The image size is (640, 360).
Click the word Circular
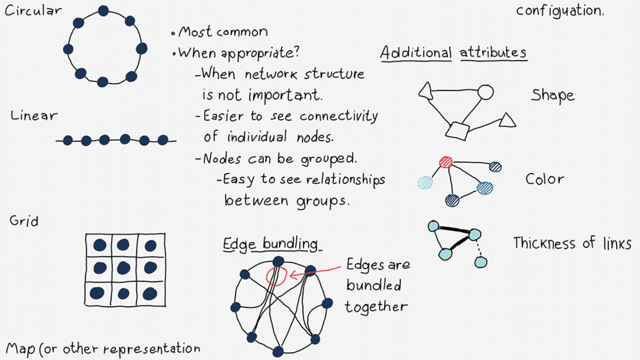(x=33, y=11)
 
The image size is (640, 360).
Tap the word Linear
(x=34, y=116)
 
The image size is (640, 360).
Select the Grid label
(x=24, y=221)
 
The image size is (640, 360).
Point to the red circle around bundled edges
(x=276, y=276)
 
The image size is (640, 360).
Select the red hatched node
(x=446, y=162)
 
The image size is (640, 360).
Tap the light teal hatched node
(x=425, y=182)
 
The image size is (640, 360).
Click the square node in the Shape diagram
(x=457, y=131)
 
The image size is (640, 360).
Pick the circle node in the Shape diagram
(x=486, y=92)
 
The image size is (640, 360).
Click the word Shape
(x=553, y=96)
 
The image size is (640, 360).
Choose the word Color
(x=545, y=179)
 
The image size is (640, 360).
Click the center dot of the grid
(x=124, y=268)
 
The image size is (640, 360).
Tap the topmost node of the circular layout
(x=103, y=11)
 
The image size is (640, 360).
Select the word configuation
(x=560, y=11)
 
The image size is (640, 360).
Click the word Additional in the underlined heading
(x=416, y=53)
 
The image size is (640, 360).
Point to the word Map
(x=20, y=349)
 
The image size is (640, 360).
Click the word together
(x=376, y=307)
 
